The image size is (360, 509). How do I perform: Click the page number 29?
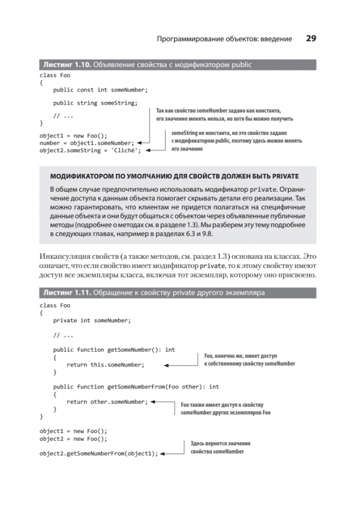pos(311,39)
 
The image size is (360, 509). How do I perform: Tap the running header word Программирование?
pos(191,39)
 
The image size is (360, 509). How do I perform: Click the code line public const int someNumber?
pos(100,90)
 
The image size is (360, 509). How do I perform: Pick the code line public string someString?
pos(95,103)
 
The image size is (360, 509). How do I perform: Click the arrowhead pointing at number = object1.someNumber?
pos(140,143)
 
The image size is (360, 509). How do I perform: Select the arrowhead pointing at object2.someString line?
pos(147,151)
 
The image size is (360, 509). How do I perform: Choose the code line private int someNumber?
pos(92,320)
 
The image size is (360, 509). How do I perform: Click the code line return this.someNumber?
pos(106,365)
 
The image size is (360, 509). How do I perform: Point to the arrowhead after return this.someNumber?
pos(166,365)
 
